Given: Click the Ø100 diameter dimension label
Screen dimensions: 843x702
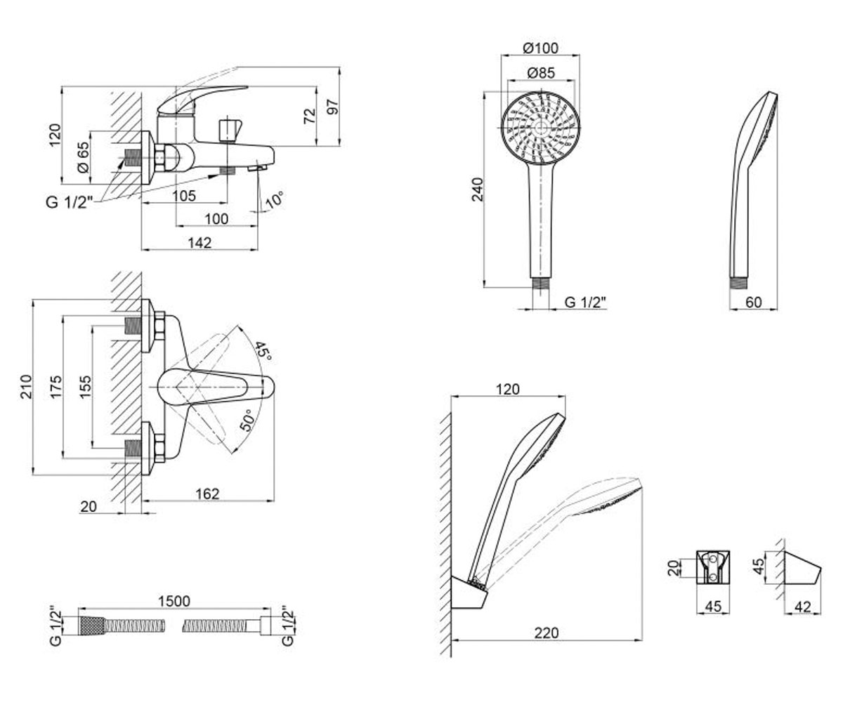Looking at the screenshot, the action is [x=541, y=48].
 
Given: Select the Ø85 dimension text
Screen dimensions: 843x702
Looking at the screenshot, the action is [x=541, y=73].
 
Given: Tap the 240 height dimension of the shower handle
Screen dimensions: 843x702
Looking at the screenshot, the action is [x=478, y=189].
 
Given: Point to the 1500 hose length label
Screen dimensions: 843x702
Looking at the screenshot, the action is [x=174, y=601].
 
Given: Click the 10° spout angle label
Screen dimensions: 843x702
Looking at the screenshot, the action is [x=275, y=199].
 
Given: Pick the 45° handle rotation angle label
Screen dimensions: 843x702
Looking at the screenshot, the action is [x=263, y=351].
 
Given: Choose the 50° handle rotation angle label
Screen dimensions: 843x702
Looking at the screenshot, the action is [x=247, y=420].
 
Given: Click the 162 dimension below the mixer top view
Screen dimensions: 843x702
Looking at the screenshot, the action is [x=207, y=494].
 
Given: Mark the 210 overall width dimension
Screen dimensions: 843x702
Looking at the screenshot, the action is [x=26, y=387].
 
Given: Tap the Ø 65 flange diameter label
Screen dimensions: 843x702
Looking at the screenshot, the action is [x=83, y=157].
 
